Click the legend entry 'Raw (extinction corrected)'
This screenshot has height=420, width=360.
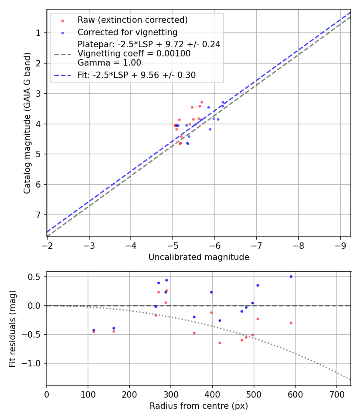(x=132, y=20)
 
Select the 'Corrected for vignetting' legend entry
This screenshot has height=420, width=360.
(x=127, y=32)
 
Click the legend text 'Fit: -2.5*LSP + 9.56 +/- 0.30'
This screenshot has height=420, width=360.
(x=136, y=75)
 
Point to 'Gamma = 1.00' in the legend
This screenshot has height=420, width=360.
(x=109, y=62)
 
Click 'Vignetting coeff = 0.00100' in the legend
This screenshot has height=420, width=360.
(x=134, y=53)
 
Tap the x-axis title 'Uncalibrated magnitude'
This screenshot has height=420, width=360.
(x=199, y=257)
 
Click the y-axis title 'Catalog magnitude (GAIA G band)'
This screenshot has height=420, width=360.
(x=27, y=122)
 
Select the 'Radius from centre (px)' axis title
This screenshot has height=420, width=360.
(x=199, y=406)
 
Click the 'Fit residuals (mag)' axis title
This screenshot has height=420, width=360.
(x=12, y=328)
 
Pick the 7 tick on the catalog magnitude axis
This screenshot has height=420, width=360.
(x=38, y=215)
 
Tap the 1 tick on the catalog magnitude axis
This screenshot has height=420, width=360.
(x=38, y=33)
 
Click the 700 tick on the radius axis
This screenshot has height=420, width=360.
(x=336, y=394)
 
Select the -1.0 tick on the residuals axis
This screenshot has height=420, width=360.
(x=34, y=363)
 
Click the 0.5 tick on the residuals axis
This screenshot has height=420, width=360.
(x=37, y=277)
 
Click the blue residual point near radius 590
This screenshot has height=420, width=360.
(x=291, y=276)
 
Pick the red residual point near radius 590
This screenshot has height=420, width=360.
(x=291, y=323)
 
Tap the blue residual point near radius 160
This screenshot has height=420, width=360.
(x=114, y=328)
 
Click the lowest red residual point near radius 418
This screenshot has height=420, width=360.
(x=220, y=343)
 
